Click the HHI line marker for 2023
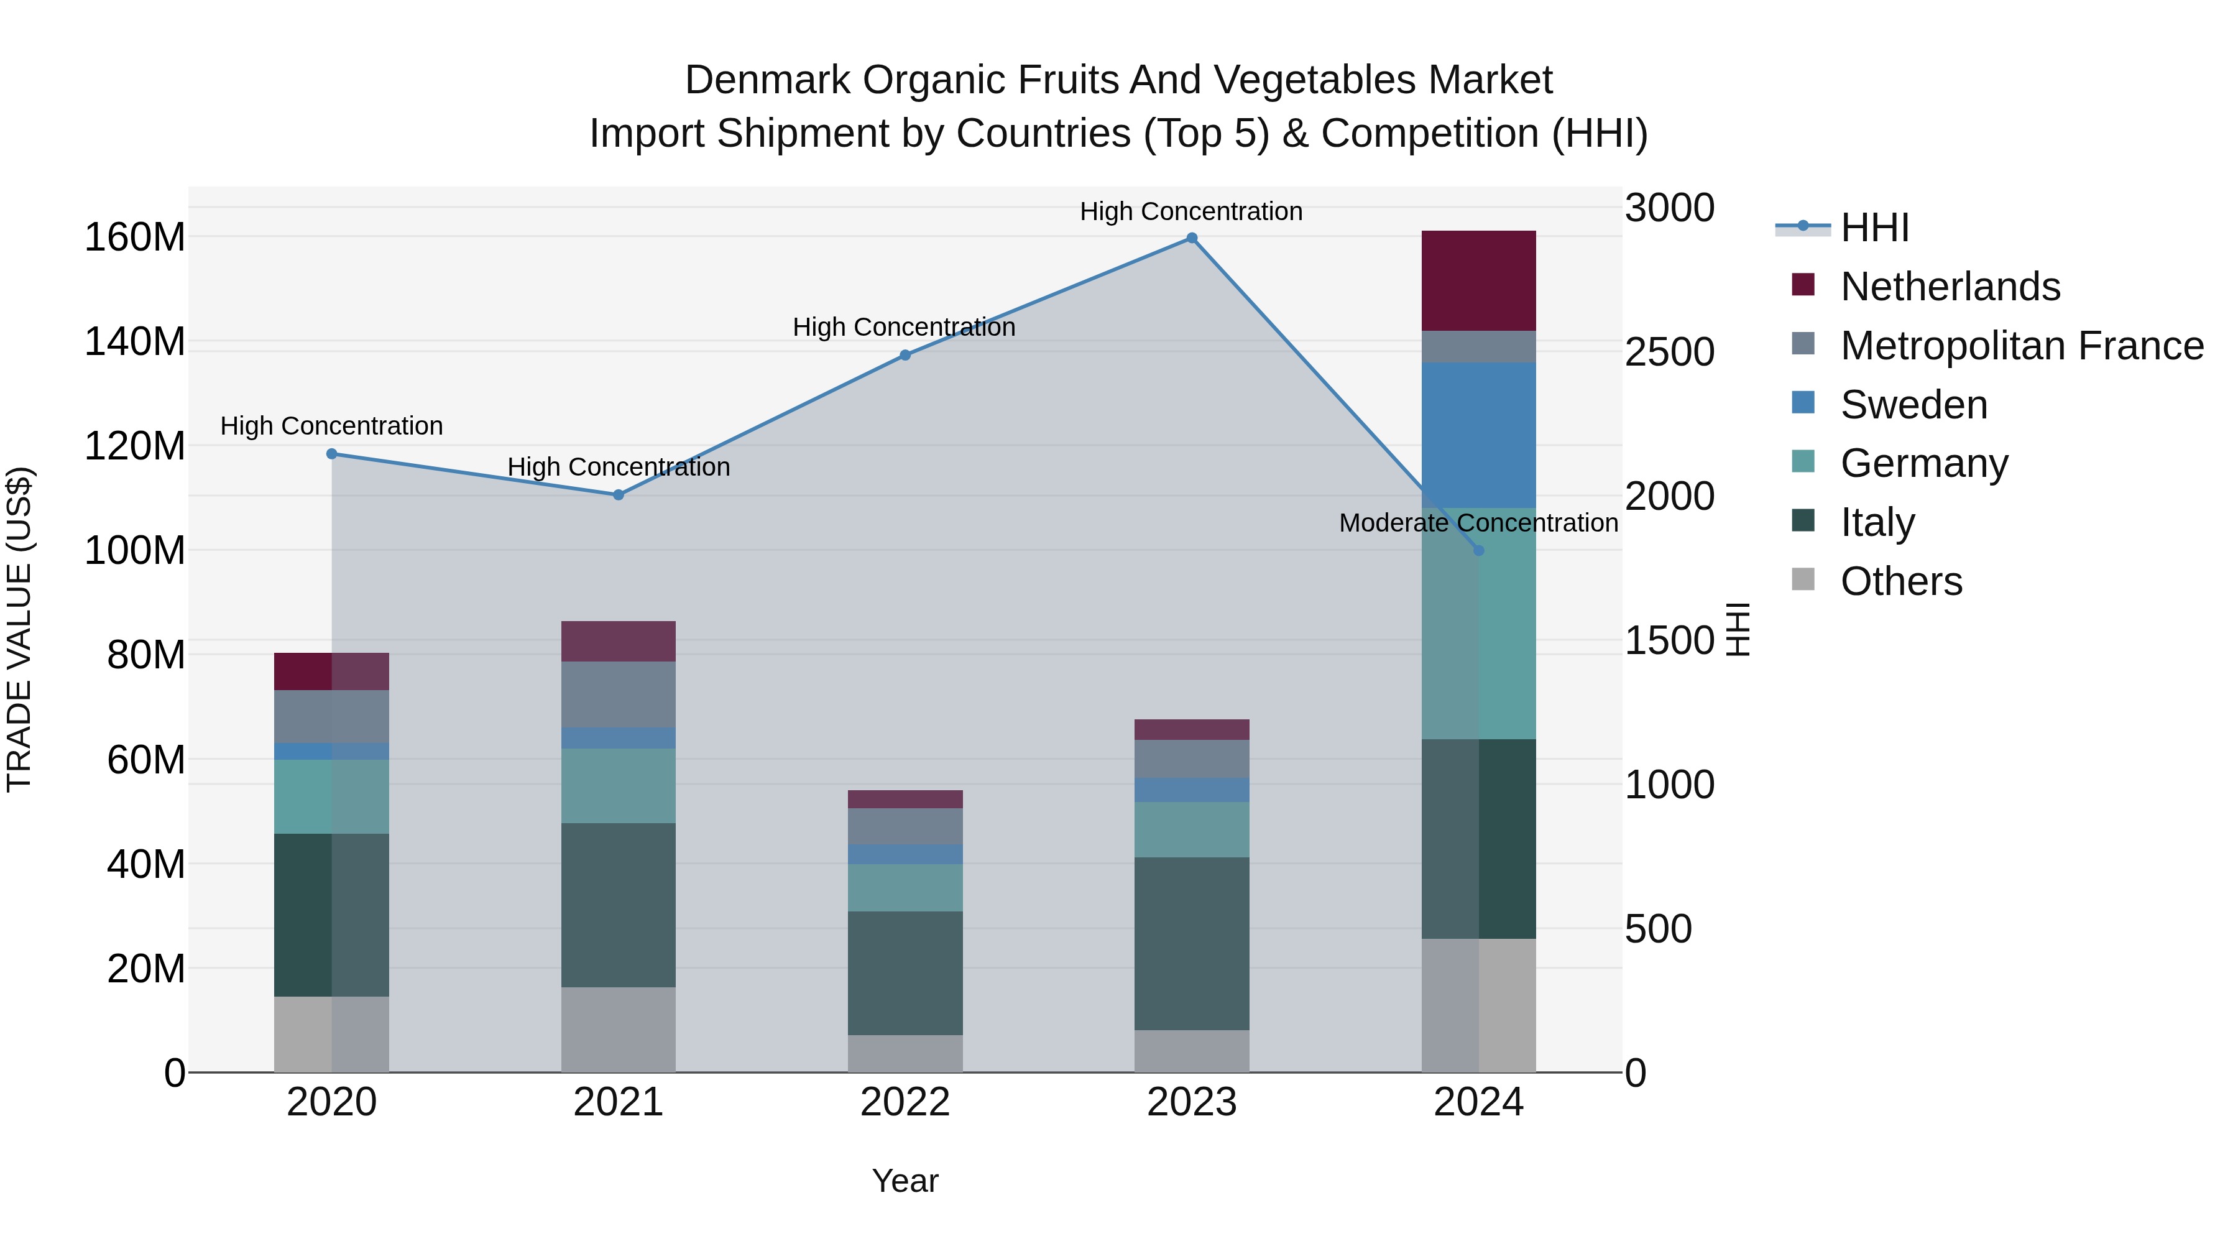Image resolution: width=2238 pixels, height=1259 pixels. point(1192,238)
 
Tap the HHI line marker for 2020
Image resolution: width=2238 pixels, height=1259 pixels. point(332,454)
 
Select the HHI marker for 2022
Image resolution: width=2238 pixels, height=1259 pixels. point(905,356)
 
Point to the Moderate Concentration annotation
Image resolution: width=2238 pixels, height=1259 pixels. point(1479,523)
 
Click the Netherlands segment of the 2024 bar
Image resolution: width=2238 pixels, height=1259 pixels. point(1479,280)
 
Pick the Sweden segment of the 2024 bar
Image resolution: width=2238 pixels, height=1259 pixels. point(1479,435)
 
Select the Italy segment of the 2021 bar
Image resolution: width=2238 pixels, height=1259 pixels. point(619,905)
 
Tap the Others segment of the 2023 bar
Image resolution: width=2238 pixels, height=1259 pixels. point(1192,1051)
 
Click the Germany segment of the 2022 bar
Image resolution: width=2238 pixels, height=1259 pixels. point(905,887)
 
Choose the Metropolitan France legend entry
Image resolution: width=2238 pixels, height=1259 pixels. point(2022,346)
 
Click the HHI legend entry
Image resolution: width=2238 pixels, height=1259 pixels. point(1874,228)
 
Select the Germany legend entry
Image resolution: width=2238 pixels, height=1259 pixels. point(1923,463)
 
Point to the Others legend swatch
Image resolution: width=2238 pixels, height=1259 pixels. point(1803,579)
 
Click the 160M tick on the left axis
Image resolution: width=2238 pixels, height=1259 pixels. point(135,238)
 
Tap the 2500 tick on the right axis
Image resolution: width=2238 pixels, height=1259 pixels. point(1669,352)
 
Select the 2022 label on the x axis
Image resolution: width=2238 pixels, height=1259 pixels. point(905,1102)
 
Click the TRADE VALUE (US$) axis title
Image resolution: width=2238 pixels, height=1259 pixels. point(19,629)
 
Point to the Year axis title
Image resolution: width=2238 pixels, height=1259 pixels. point(905,1181)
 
